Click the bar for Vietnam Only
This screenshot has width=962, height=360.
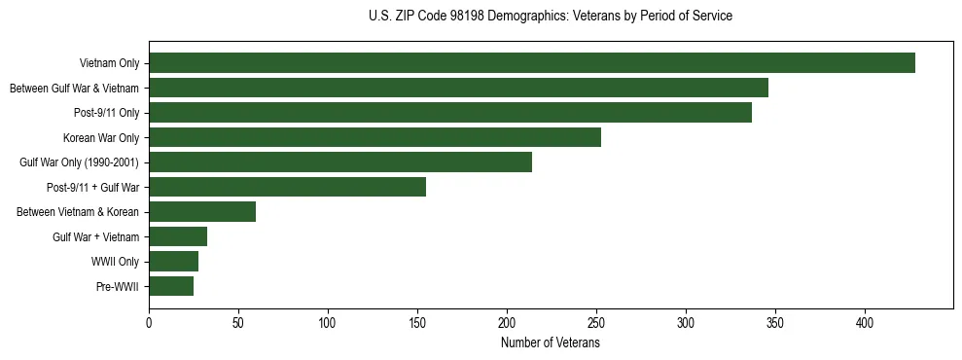click(532, 63)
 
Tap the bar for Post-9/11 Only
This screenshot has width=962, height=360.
click(450, 113)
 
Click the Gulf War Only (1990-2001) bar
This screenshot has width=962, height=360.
click(340, 162)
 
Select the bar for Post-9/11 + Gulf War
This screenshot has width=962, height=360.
click(287, 187)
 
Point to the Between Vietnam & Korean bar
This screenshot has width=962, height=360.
click(202, 212)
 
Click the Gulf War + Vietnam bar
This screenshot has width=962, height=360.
click(178, 236)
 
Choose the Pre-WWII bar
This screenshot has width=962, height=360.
click(171, 286)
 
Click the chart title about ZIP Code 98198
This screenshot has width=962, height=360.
click(551, 17)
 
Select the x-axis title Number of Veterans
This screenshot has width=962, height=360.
click(551, 343)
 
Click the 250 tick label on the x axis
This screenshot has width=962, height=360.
click(596, 323)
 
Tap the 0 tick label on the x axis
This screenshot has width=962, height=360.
click(149, 323)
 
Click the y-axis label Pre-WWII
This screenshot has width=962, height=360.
click(118, 287)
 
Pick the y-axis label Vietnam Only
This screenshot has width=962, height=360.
click(109, 64)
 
